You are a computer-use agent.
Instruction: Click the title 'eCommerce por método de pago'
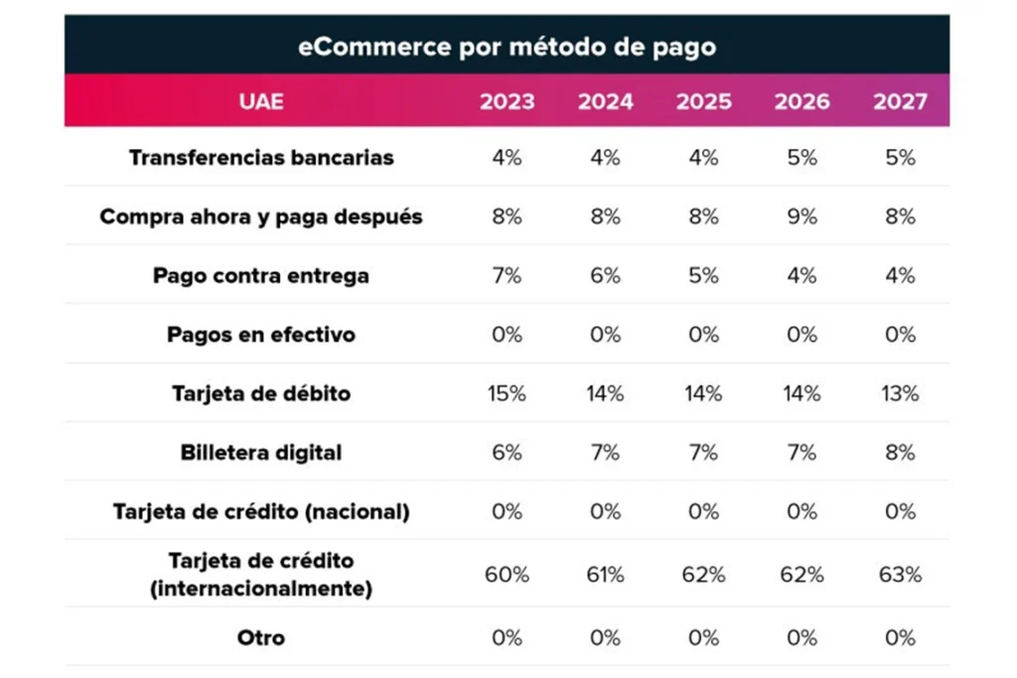507,47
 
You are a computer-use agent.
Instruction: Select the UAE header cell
261,101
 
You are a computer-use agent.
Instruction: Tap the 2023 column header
507,101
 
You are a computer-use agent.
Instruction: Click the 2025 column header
703,101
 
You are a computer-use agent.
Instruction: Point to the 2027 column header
900,101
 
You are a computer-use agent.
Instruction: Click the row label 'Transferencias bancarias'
261,157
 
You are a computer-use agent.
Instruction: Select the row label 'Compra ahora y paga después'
261,216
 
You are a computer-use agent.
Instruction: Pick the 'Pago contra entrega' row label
261,276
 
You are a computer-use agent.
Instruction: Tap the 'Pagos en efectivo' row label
261,335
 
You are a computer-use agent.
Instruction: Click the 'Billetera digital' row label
261,453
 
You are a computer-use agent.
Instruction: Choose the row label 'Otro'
261,637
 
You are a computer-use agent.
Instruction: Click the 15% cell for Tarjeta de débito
507,394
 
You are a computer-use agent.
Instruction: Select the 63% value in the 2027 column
900,575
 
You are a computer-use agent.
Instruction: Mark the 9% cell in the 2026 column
801,216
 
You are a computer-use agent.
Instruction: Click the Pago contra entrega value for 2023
507,276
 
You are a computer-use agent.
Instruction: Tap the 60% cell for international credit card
507,575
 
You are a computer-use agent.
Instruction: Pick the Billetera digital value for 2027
900,453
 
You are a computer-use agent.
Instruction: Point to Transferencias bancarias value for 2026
801,157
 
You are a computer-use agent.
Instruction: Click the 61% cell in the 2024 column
605,575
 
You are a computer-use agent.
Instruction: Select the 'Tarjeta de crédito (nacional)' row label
261,512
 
